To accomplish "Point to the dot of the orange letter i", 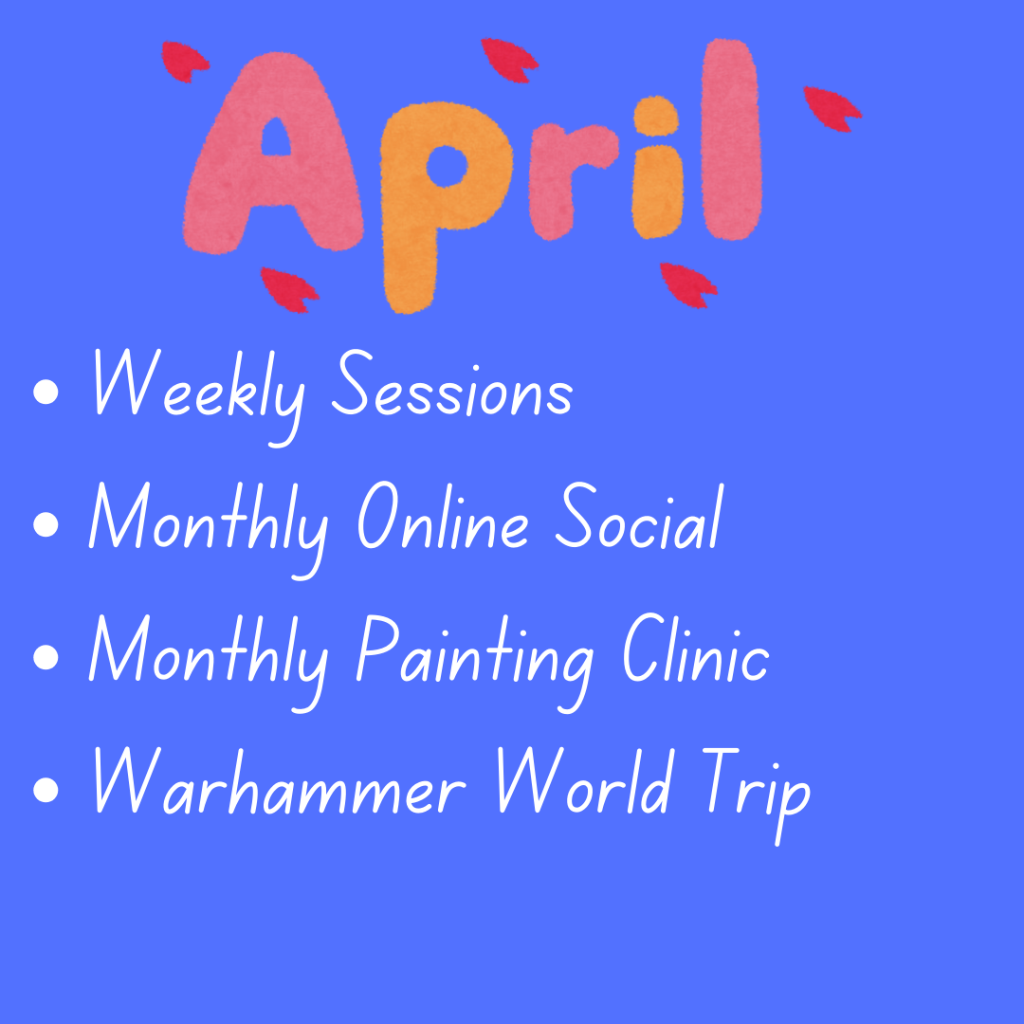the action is tap(656, 116).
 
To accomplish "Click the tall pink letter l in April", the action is tap(731, 139).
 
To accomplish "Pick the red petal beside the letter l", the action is tap(832, 108).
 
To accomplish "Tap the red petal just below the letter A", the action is tap(288, 289).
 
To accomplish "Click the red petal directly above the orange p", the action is tap(509, 60).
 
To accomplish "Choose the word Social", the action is tap(639, 517).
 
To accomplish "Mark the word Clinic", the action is tap(696, 649).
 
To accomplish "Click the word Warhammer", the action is tap(280, 781).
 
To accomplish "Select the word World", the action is tap(584, 781).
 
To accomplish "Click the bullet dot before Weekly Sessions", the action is tap(46, 392).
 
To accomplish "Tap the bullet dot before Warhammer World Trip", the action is tap(46, 789).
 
